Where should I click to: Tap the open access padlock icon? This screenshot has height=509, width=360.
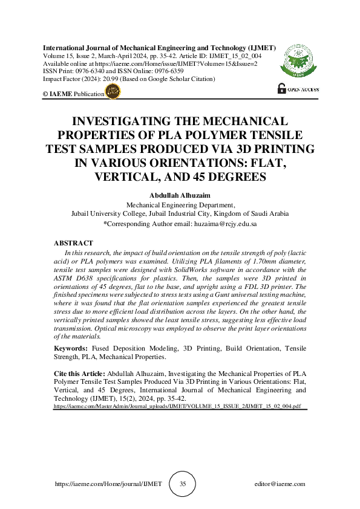pos(281,88)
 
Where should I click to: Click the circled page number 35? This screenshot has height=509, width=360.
pos(183,484)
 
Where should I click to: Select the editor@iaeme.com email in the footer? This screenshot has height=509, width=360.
pos(280,484)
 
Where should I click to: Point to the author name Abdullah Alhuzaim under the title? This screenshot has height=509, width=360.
pos(180,196)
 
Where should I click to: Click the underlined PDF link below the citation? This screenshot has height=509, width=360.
pos(177,407)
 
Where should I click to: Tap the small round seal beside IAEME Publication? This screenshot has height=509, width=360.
pos(113,92)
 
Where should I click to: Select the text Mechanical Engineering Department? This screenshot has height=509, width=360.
pos(180,205)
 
